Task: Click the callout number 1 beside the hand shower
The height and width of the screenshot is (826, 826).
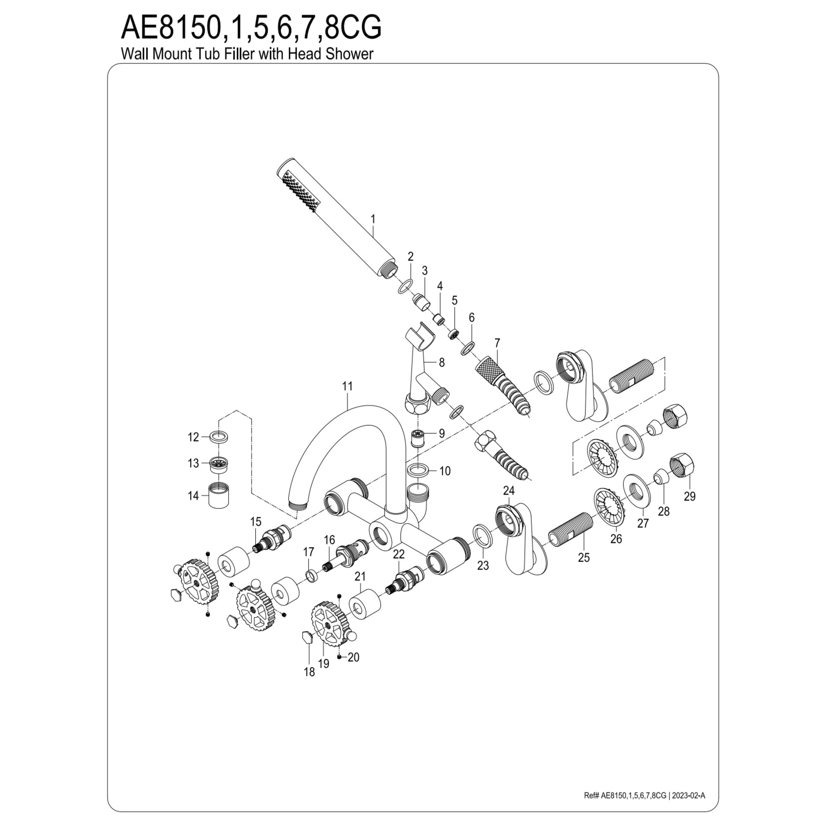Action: click(373, 219)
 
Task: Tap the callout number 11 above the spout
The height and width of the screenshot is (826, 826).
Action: click(348, 386)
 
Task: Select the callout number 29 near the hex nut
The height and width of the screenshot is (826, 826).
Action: click(690, 496)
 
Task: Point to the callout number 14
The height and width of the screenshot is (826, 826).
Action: click(193, 496)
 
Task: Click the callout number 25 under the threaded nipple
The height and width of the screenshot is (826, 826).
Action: click(584, 558)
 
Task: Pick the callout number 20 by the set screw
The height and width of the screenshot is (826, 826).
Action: click(353, 657)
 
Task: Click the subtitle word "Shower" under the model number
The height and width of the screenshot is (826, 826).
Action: click(349, 54)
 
